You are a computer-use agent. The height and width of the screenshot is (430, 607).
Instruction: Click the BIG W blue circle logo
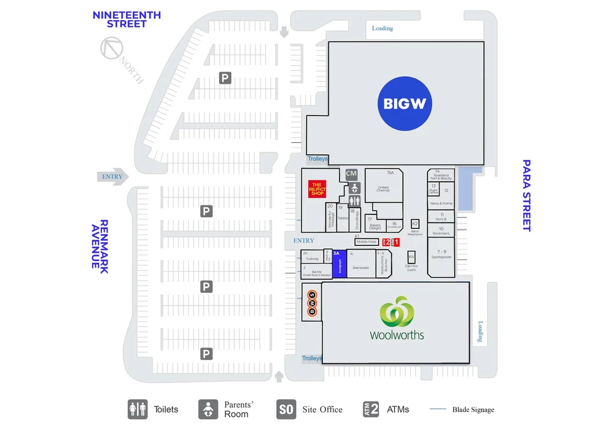click(x=405, y=103)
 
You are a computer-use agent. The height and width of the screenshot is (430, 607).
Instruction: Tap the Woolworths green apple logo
click(x=396, y=310)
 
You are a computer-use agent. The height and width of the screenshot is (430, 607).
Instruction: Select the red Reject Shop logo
click(x=318, y=189)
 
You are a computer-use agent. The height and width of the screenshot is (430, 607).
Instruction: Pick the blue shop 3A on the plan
click(x=339, y=265)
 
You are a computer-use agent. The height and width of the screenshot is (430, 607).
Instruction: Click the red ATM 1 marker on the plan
click(x=396, y=242)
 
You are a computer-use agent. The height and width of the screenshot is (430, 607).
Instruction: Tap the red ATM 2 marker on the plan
click(x=386, y=242)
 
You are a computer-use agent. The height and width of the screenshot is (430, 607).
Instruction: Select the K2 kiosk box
click(x=415, y=224)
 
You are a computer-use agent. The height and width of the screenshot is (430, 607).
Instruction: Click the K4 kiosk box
click(x=411, y=256)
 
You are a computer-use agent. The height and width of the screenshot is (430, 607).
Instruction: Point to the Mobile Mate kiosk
click(x=366, y=242)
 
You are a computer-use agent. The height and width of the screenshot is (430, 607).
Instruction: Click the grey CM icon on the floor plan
click(x=351, y=174)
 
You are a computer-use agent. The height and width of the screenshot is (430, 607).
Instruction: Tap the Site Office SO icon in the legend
click(x=286, y=409)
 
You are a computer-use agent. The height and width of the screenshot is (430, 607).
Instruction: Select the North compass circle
click(x=112, y=48)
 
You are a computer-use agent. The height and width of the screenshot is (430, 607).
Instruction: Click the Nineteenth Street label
click(x=126, y=19)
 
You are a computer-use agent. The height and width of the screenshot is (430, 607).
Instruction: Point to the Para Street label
click(x=526, y=195)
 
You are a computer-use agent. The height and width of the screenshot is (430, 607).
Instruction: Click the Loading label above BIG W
click(x=382, y=28)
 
